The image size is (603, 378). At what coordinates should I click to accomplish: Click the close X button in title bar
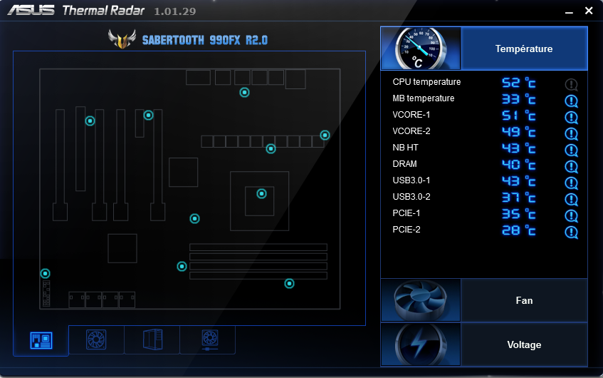588,11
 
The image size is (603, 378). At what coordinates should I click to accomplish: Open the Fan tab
524,300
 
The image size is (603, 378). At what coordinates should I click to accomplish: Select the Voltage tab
524,344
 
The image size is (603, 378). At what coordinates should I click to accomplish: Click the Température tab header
524,48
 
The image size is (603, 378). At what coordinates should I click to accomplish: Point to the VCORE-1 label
411,115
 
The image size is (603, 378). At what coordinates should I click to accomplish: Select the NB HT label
405,148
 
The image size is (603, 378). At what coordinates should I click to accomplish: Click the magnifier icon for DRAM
571,167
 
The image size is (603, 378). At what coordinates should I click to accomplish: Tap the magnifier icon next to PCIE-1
571,216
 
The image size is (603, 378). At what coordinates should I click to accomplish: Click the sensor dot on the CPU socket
261,193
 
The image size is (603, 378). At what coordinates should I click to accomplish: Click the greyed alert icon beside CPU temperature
571,85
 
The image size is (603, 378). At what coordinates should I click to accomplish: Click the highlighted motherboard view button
41,340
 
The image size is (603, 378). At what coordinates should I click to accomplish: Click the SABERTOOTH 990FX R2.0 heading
205,40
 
